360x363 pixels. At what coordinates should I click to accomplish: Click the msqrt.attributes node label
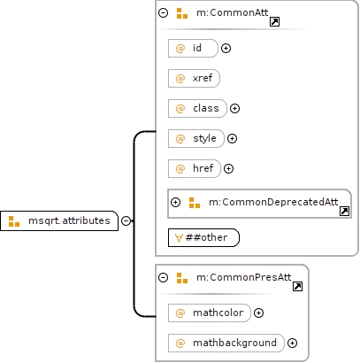(69, 220)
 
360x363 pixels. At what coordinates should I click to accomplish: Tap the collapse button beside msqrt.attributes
(126, 220)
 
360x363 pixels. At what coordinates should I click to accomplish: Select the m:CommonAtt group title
(233, 12)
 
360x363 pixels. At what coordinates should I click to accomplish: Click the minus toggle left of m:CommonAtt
(163, 12)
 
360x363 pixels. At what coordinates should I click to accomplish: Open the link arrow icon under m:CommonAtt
(274, 21)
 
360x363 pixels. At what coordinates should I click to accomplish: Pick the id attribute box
(193, 48)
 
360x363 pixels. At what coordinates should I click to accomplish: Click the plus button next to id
(226, 48)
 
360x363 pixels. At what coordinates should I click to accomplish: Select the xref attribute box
(194, 78)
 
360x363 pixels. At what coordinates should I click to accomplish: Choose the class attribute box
(197, 108)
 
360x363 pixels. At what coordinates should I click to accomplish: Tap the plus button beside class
(234, 108)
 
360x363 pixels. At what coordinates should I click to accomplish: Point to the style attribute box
(196, 138)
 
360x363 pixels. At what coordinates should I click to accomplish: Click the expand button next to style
(232, 138)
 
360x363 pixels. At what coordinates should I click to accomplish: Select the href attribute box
(195, 168)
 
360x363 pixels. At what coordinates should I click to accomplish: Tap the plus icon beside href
(228, 168)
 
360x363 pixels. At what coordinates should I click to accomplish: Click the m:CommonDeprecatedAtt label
(273, 202)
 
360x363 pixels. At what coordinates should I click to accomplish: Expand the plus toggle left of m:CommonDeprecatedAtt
(175, 202)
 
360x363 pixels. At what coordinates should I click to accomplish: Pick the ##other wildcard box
(203, 237)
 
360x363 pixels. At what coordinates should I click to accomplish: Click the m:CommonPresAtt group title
(244, 277)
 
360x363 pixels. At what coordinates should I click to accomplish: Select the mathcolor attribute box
(210, 313)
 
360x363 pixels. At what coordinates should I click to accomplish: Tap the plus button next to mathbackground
(292, 343)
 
